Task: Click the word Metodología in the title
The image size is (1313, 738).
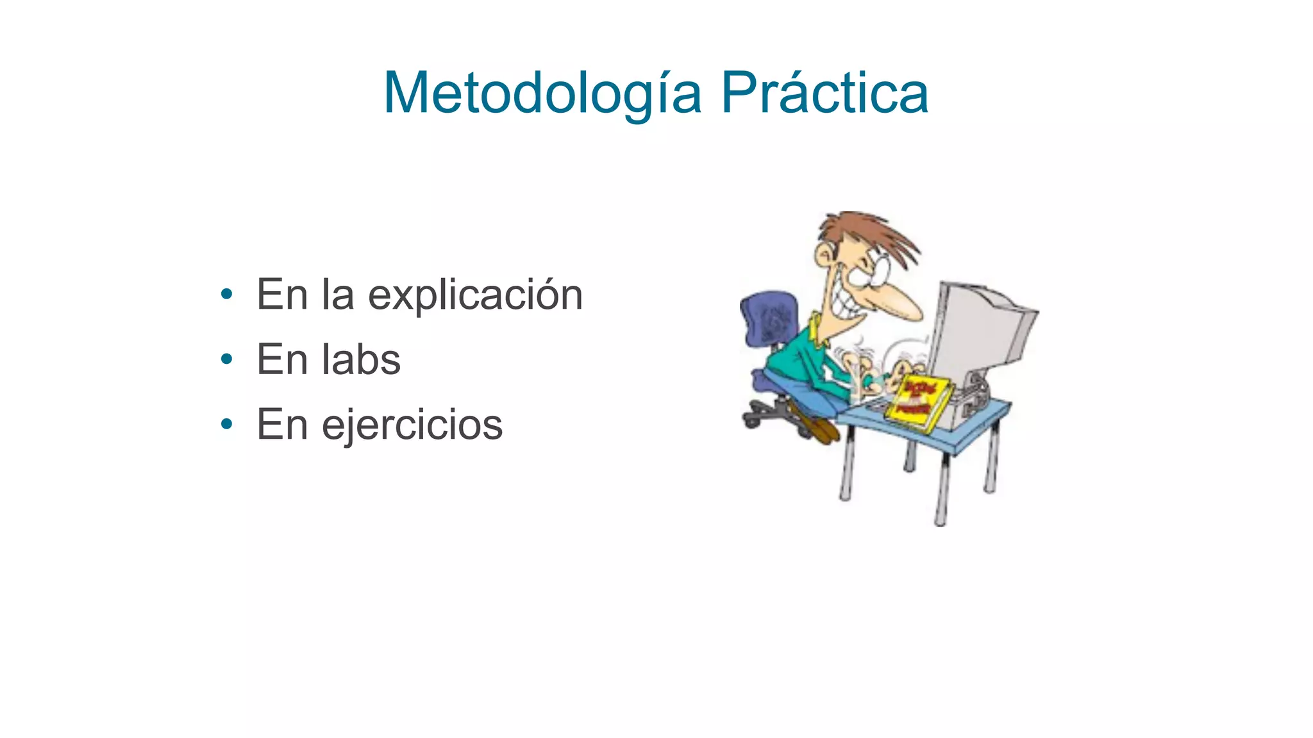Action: coord(542,94)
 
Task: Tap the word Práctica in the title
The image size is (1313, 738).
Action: coord(824,94)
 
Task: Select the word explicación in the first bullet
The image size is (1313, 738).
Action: coord(475,296)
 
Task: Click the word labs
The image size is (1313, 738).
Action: coord(361,359)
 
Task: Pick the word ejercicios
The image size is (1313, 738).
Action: coord(412,425)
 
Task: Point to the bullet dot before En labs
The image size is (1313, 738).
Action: coord(226,360)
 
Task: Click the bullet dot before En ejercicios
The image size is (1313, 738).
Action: coord(226,424)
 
